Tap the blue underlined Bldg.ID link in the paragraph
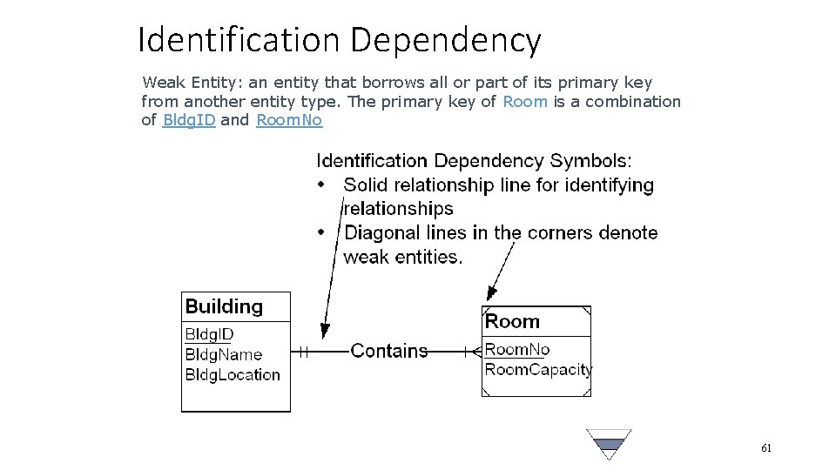[x=189, y=120]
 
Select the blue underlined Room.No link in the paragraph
[x=289, y=120]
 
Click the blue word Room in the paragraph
[x=525, y=101]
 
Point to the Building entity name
[x=224, y=306]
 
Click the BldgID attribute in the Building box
[x=209, y=334]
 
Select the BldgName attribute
[x=223, y=354]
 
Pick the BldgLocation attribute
[x=233, y=375]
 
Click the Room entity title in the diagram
[x=512, y=321]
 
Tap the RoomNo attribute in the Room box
[x=517, y=350]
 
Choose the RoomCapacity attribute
[x=537, y=369]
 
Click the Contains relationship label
[x=389, y=351]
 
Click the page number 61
[x=766, y=448]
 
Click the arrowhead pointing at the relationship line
[x=325, y=332]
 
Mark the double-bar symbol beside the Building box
[x=304, y=352]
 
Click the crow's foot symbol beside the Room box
[x=474, y=352]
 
